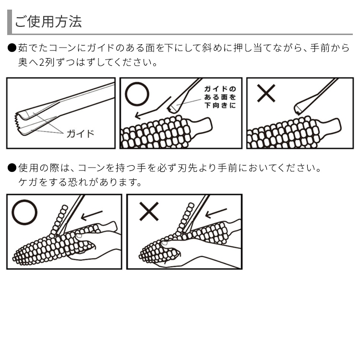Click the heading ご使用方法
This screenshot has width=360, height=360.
click(48, 22)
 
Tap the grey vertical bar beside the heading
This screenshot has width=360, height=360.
click(10, 22)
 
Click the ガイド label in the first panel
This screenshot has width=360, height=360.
click(80, 133)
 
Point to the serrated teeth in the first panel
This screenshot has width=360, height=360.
click(17, 120)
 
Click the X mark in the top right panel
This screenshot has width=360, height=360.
click(266, 93)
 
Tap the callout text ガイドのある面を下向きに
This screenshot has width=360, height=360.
click(220, 97)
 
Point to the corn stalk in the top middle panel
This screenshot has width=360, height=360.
click(200, 126)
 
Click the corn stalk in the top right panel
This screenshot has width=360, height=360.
click(329, 127)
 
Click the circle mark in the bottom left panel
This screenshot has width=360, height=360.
click(24, 212)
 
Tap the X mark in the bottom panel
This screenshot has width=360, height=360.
click(149, 212)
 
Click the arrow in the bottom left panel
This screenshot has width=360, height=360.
click(92, 215)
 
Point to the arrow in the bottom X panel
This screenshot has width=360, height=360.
click(216, 213)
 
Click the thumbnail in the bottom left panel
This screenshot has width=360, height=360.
click(79, 236)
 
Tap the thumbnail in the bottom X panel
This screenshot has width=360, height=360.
click(164, 243)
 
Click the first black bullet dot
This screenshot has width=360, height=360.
click(12, 48)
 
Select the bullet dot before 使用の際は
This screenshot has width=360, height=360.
click(12, 168)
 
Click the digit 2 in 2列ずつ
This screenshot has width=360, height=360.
click(41, 62)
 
